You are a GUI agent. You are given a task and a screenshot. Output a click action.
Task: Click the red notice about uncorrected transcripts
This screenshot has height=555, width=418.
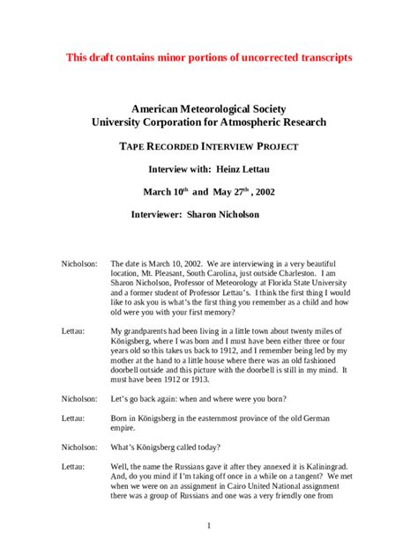209,57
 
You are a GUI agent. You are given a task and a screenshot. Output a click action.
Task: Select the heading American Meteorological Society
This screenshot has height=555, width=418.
209,107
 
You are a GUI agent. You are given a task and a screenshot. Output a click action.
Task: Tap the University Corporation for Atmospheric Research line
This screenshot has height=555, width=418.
209,122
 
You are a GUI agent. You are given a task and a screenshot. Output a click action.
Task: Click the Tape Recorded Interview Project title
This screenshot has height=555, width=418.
209,146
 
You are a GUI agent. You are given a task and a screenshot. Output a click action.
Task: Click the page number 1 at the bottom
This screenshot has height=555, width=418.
209,527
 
